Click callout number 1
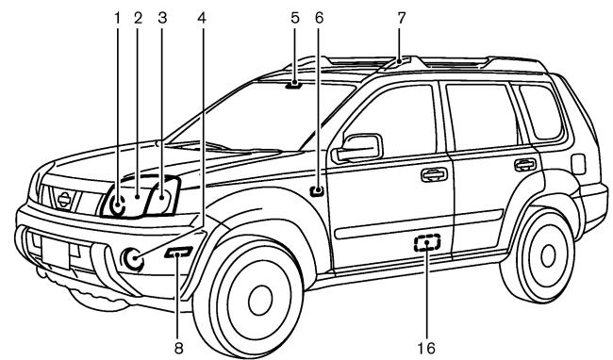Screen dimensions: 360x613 [118, 15]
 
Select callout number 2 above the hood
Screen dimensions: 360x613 [138, 15]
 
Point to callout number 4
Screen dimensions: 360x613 [202, 15]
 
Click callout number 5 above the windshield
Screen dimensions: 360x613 [294, 15]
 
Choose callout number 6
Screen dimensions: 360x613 [318, 15]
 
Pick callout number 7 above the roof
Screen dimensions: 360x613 [401, 15]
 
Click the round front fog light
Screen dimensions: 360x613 [135, 257]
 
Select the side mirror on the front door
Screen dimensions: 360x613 [361, 147]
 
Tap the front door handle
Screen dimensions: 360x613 [434, 174]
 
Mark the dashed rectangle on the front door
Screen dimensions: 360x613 [427, 244]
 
